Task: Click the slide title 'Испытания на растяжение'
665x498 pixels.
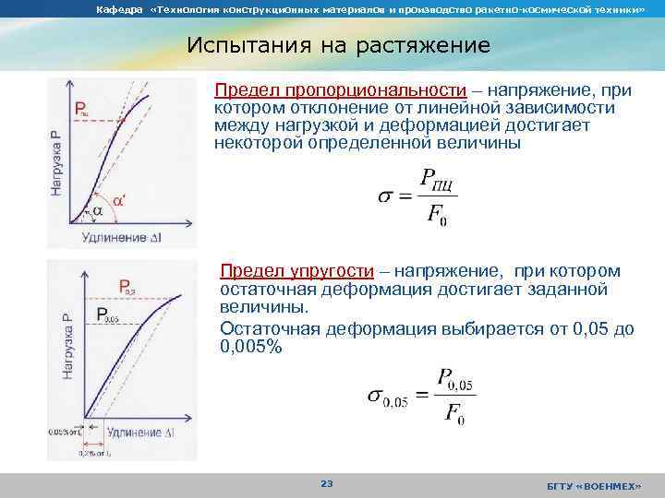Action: click(x=338, y=45)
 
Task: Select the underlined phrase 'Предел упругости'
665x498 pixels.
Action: click(x=296, y=271)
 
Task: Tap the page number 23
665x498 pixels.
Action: click(x=325, y=483)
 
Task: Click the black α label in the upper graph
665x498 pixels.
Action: click(x=97, y=211)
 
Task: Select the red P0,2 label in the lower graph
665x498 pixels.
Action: click(x=127, y=286)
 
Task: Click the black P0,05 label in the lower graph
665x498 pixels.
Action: click(x=108, y=314)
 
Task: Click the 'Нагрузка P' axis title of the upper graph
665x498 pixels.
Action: click(x=57, y=162)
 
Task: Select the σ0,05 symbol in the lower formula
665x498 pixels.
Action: click(x=388, y=396)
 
